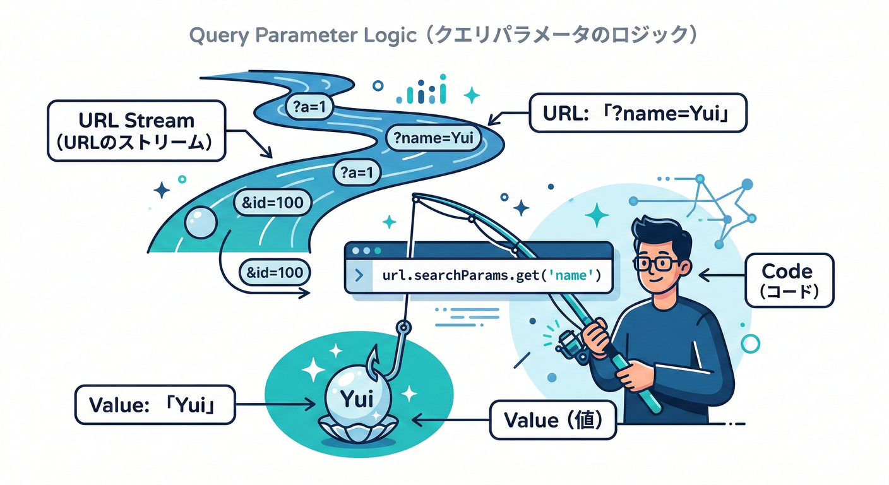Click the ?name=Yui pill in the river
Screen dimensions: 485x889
pos(433,138)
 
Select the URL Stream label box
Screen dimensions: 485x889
pos(136,131)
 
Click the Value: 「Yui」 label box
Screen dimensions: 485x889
pos(154,404)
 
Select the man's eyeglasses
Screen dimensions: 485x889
pos(657,263)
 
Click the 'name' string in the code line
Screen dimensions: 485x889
pos(575,275)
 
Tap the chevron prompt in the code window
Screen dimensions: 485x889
pos(359,276)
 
